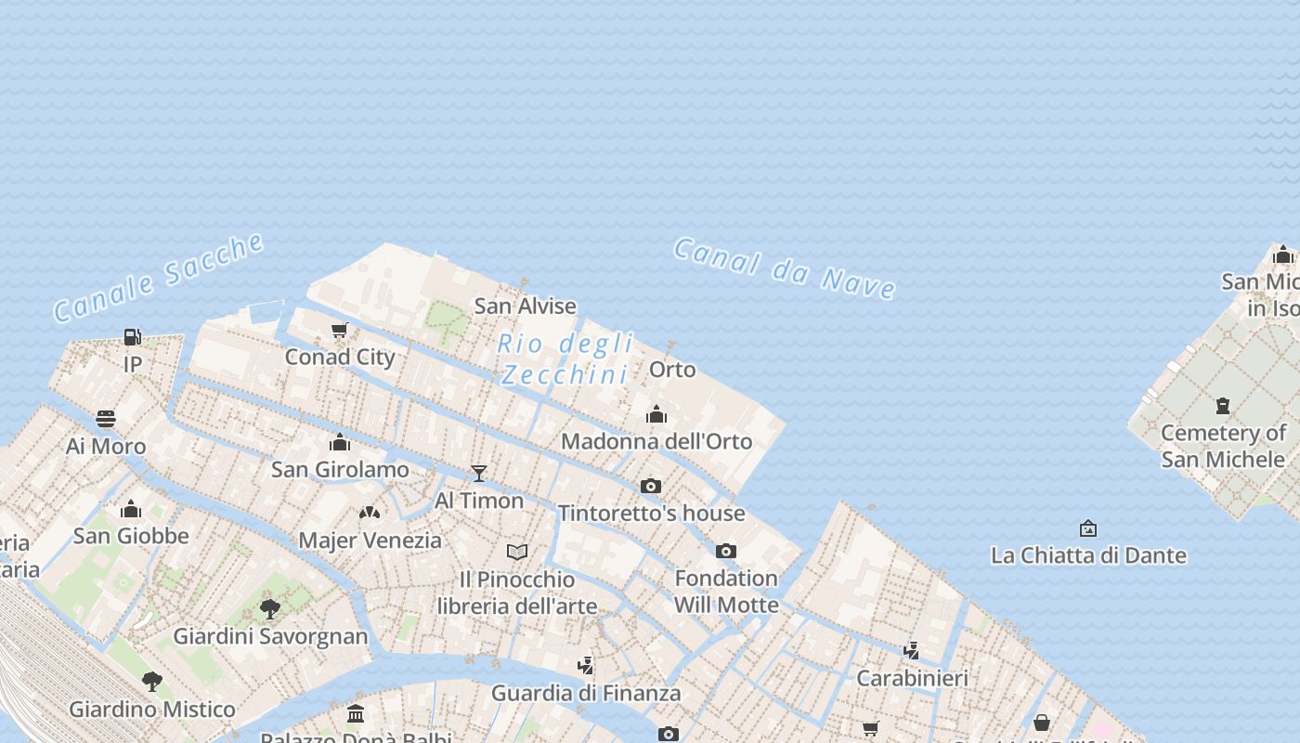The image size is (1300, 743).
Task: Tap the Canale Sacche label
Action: click(159, 277)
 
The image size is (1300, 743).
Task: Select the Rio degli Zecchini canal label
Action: click(565, 358)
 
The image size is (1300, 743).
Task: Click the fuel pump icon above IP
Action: click(133, 336)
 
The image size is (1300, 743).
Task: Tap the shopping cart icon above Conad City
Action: click(340, 330)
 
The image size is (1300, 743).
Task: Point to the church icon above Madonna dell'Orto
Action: click(656, 414)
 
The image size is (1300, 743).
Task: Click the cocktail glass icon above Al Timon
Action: click(479, 474)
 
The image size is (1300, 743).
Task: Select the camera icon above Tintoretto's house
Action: click(651, 486)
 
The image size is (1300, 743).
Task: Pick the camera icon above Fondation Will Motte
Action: click(726, 551)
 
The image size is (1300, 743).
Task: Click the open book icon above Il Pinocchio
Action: click(517, 552)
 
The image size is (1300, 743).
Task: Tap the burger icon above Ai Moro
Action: click(106, 419)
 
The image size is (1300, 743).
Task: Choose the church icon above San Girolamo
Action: click(340, 442)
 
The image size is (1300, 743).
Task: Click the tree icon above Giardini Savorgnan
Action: click(270, 609)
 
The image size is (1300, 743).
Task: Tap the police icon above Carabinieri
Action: click(912, 650)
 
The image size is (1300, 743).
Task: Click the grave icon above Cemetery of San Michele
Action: click(1223, 406)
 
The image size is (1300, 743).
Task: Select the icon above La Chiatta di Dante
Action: click(1088, 528)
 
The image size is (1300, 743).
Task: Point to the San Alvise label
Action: click(526, 306)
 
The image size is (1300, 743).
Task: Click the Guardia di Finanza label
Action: click(586, 693)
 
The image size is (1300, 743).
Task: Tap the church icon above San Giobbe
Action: click(131, 509)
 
